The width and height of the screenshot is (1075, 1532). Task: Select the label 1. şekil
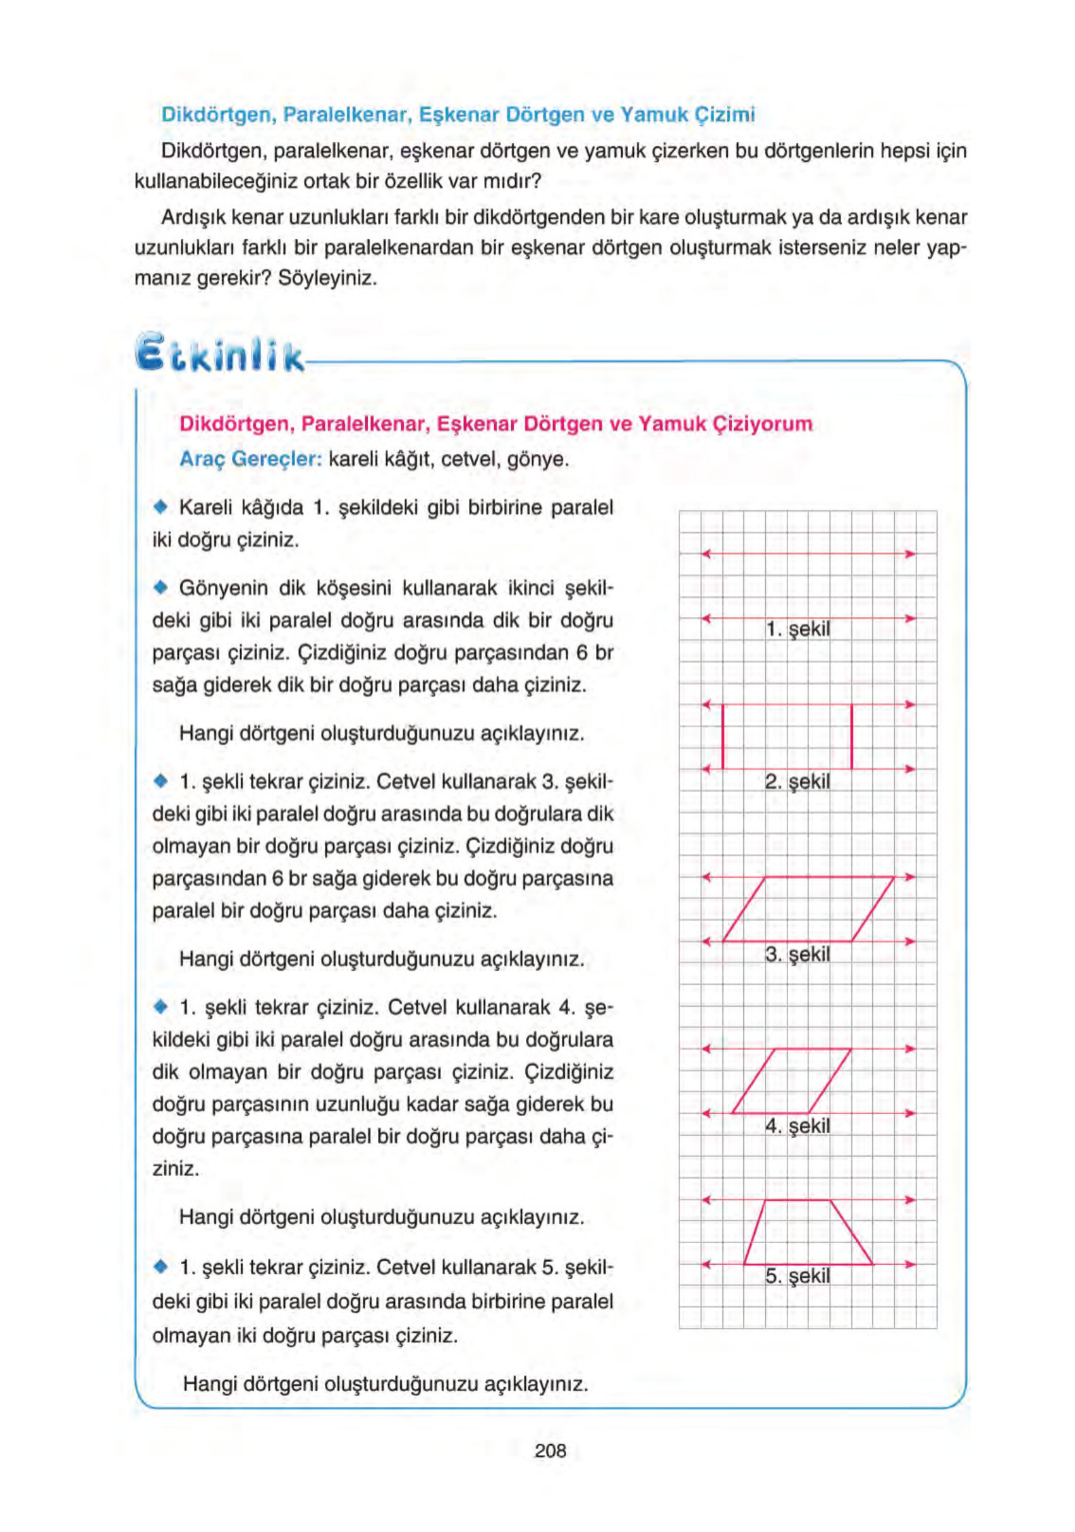pyautogui.click(x=798, y=629)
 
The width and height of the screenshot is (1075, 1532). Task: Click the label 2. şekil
pyautogui.click(x=798, y=781)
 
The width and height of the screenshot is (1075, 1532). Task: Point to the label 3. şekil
pyautogui.click(x=798, y=954)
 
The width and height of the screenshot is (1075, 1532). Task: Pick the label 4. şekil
pyautogui.click(x=798, y=1126)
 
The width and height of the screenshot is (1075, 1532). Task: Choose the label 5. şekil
pyautogui.click(x=798, y=1276)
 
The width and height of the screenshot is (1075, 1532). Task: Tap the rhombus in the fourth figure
pyautogui.click(x=791, y=1081)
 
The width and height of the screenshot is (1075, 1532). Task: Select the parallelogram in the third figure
pyautogui.click(x=808, y=909)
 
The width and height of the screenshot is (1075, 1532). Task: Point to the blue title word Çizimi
pyautogui.click(x=725, y=115)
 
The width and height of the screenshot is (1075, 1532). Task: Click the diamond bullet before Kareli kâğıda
pyautogui.click(x=159, y=508)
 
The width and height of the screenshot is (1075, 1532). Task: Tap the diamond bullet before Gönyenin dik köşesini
pyautogui.click(x=159, y=588)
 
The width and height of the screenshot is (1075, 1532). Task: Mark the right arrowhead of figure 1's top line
pyautogui.click(x=909, y=554)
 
